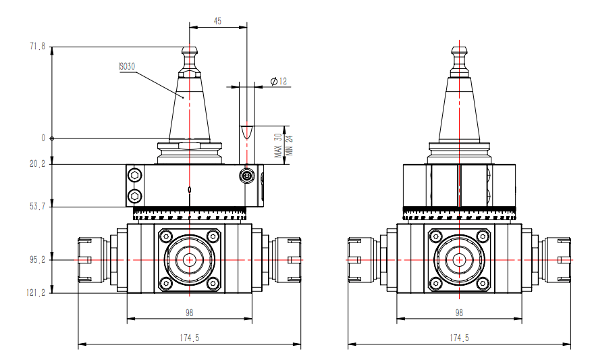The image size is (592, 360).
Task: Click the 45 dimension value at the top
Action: pyautogui.click(x=217, y=21)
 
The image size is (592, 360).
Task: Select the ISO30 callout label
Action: pyautogui.click(x=126, y=66)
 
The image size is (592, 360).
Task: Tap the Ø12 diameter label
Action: pyautogui.click(x=279, y=81)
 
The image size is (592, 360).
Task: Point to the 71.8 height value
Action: pyautogui.click(x=37, y=47)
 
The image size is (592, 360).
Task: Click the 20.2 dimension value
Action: pyautogui.click(x=37, y=164)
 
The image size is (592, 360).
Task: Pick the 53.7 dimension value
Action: pyautogui.click(x=37, y=206)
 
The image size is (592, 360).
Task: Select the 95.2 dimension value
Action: pyautogui.click(x=37, y=259)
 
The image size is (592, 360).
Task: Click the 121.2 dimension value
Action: pyautogui.click(x=36, y=292)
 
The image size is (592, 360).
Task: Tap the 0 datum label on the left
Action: pyautogui.click(x=43, y=138)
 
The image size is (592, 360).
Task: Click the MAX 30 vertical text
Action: pyautogui.click(x=278, y=145)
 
